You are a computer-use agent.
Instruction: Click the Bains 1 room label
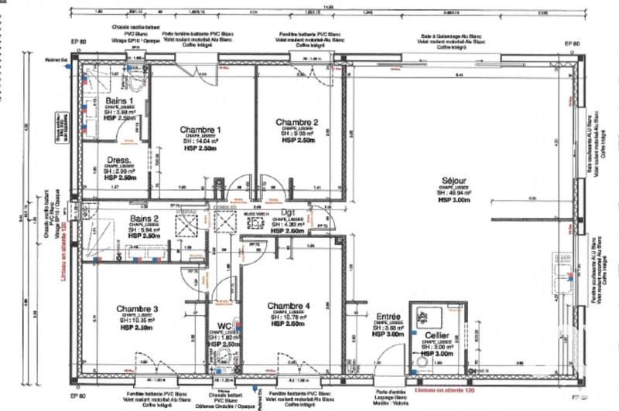click(x=119, y=100)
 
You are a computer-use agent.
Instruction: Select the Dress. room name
click(x=119, y=161)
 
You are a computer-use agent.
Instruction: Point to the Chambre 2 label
click(x=297, y=122)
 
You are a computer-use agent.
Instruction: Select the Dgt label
click(x=287, y=211)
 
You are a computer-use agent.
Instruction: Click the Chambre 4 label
click(x=286, y=306)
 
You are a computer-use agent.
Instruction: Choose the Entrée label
click(x=388, y=316)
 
